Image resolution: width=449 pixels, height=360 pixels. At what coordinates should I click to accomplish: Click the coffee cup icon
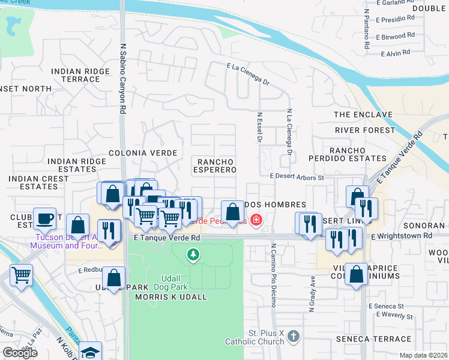(x=44, y=218)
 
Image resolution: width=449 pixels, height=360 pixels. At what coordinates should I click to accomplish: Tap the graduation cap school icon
(x=91, y=352)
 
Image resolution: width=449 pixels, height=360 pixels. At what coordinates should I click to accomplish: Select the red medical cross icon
(x=256, y=220)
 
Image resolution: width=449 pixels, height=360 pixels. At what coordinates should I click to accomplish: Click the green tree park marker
(x=193, y=255)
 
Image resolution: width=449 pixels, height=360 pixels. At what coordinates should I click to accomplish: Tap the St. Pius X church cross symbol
(x=293, y=334)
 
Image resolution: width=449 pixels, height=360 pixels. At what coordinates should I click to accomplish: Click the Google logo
(x=20, y=353)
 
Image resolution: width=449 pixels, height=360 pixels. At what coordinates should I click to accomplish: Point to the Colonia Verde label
(x=143, y=153)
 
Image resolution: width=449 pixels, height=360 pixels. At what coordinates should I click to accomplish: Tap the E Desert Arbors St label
(x=297, y=177)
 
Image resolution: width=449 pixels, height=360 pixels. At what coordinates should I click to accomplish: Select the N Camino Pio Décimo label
(x=273, y=275)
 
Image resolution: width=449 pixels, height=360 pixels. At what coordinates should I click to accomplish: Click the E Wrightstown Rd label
(x=401, y=236)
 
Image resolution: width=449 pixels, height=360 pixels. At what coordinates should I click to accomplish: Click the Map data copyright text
(x=424, y=355)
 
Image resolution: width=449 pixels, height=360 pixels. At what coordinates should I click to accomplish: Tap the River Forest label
(x=365, y=130)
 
